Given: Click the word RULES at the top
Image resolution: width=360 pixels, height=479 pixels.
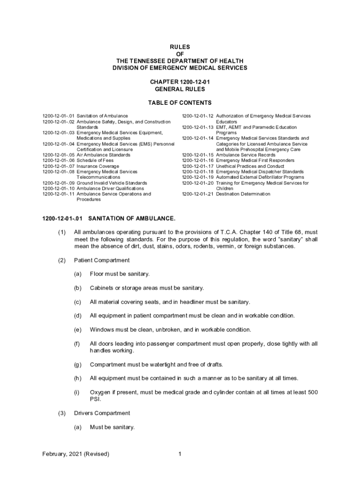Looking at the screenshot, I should click(x=180, y=47).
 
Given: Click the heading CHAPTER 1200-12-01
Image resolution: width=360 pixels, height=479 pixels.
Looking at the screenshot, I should click(x=180, y=82).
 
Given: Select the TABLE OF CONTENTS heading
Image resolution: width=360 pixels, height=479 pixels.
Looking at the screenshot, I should click(x=180, y=103).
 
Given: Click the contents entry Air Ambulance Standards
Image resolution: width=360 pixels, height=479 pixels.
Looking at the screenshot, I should click(x=103, y=155).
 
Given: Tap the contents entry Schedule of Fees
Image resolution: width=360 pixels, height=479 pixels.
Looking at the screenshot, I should click(x=95, y=160).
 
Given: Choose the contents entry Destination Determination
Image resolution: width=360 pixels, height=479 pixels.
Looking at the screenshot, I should click(x=243, y=194).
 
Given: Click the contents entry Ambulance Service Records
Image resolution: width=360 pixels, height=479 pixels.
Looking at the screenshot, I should click(x=245, y=155).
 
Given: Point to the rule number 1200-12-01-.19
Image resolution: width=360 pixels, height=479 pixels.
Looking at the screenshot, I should click(x=197, y=177).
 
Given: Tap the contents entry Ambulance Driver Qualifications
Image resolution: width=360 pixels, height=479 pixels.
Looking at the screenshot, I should click(x=110, y=189).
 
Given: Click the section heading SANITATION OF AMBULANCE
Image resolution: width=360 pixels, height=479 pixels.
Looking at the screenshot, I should click(x=132, y=218).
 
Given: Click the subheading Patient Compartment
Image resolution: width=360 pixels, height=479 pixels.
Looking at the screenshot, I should click(x=102, y=260).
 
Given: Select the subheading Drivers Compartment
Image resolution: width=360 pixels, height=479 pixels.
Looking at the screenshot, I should click(x=102, y=413).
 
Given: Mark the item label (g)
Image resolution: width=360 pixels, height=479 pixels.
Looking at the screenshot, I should click(x=78, y=364).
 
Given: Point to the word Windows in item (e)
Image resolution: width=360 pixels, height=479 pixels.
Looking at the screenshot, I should click(x=102, y=329).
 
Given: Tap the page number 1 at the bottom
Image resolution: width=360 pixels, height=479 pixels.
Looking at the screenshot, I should click(x=180, y=454).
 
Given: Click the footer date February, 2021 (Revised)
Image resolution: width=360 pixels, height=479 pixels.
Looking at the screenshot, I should click(x=76, y=454).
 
